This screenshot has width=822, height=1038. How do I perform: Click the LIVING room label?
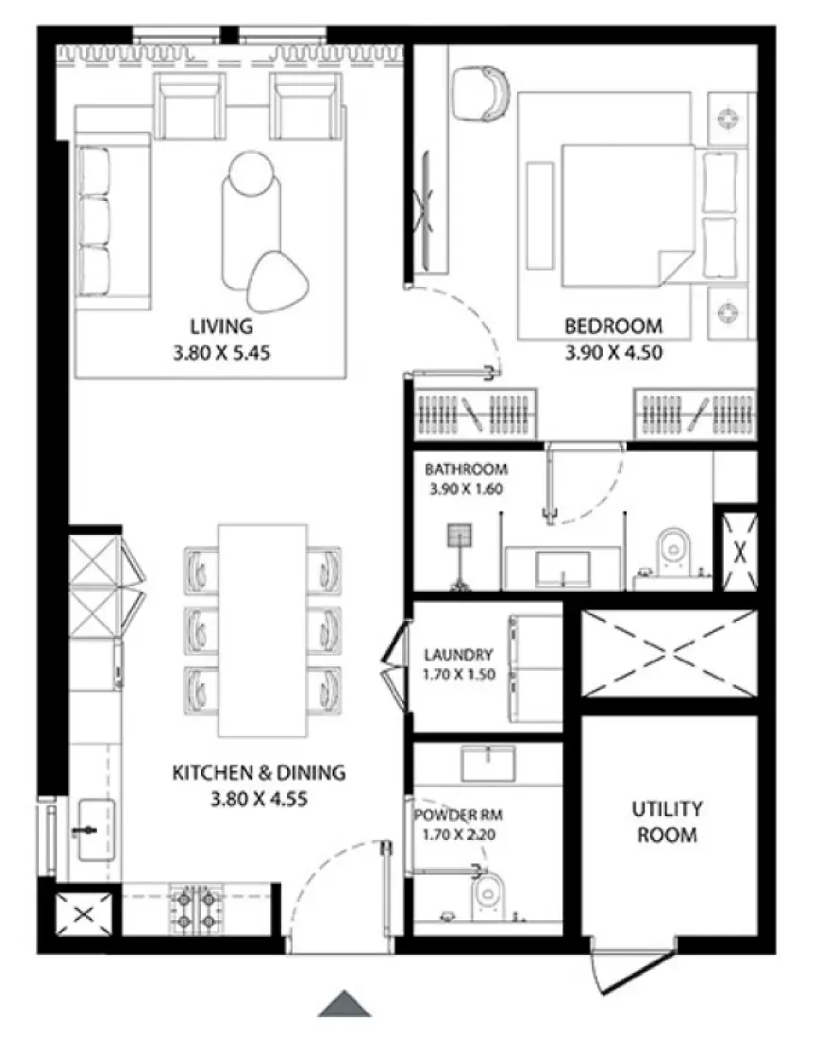(x=222, y=326)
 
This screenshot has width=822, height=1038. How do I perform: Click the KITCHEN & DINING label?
(x=259, y=773)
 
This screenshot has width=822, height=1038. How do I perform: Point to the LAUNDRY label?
(x=458, y=654)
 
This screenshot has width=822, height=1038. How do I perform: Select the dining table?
(x=262, y=630)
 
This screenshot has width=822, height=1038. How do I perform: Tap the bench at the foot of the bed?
(x=540, y=215)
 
